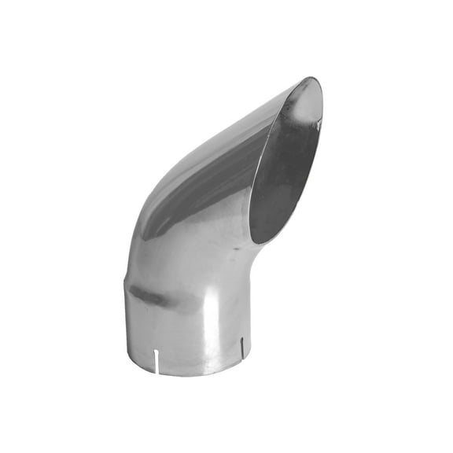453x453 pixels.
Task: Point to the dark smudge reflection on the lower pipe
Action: click(x=149, y=297)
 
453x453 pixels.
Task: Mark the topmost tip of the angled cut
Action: click(x=313, y=79)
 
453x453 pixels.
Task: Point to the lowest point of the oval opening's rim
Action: click(x=260, y=241)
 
